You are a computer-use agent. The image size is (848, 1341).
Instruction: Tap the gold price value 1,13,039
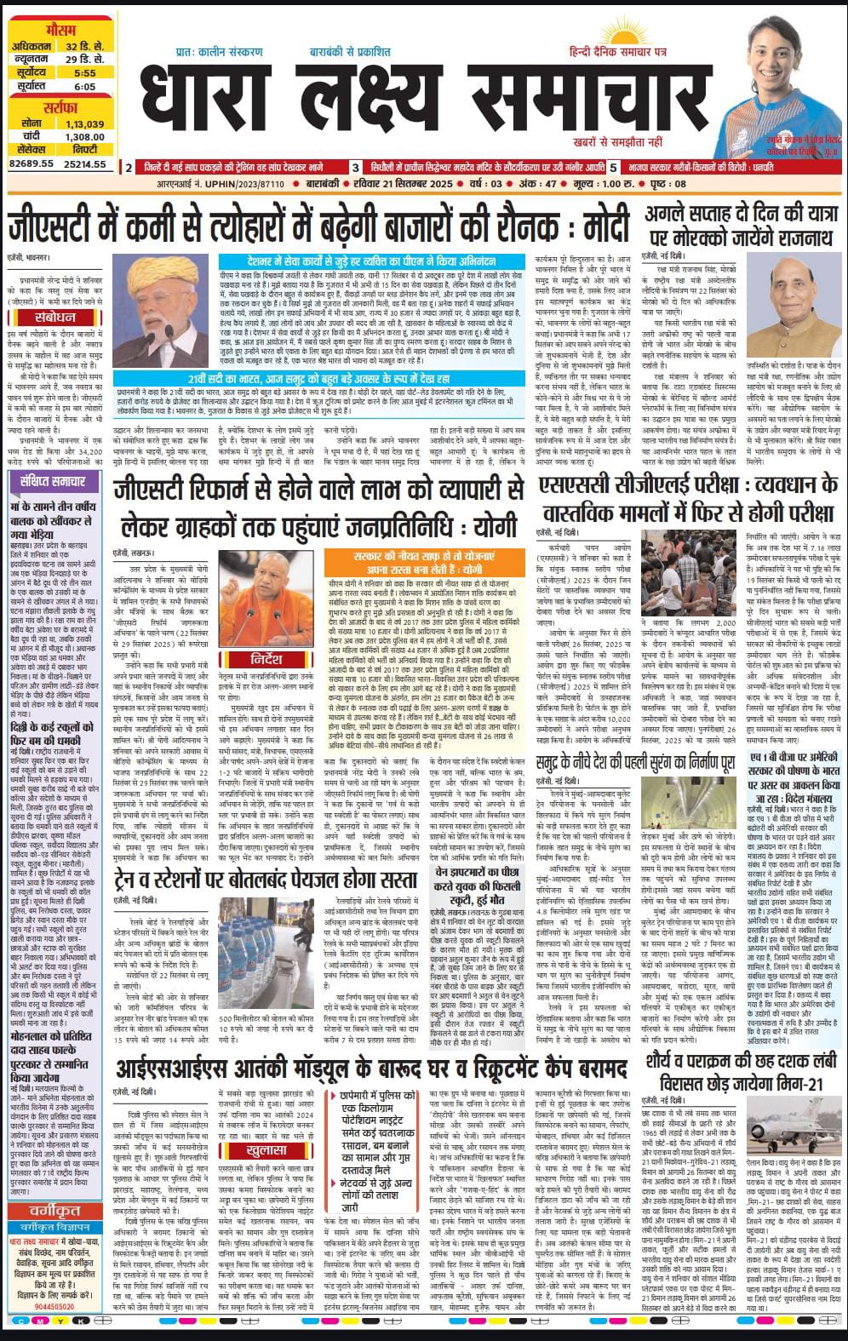pos(84,123)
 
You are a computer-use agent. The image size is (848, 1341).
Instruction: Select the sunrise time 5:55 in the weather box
pos(84,73)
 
